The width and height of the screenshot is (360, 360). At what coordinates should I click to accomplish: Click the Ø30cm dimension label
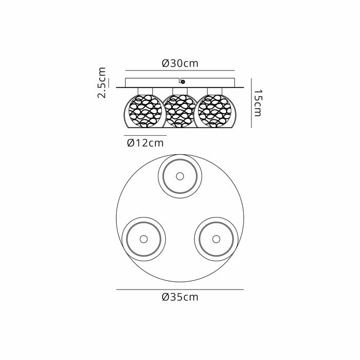[x=180, y=63]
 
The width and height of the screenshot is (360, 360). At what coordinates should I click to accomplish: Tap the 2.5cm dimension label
[x=102, y=82]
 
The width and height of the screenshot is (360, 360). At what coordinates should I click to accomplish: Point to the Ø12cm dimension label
[x=145, y=143]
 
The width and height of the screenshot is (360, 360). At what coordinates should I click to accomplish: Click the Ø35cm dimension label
[x=180, y=297]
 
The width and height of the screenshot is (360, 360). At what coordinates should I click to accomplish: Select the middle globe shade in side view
[x=179, y=112]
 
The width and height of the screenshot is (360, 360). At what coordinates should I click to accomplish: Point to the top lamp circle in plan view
[x=179, y=176]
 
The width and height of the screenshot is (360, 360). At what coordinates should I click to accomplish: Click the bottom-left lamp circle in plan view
[x=143, y=238]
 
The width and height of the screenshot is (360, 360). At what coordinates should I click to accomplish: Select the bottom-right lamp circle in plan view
[x=215, y=238]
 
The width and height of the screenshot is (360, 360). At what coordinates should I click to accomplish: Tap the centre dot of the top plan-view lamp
[x=179, y=176]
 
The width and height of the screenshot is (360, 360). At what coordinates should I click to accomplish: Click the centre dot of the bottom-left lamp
[x=143, y=238]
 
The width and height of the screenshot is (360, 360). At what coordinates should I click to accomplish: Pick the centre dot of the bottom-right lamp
[x=215, y=238]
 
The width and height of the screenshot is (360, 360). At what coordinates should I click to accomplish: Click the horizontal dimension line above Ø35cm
[x=180, y=290]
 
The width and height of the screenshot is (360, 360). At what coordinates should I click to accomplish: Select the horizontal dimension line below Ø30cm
[x=180, y=70]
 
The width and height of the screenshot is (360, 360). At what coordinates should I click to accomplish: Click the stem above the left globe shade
[x=144, y=91]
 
